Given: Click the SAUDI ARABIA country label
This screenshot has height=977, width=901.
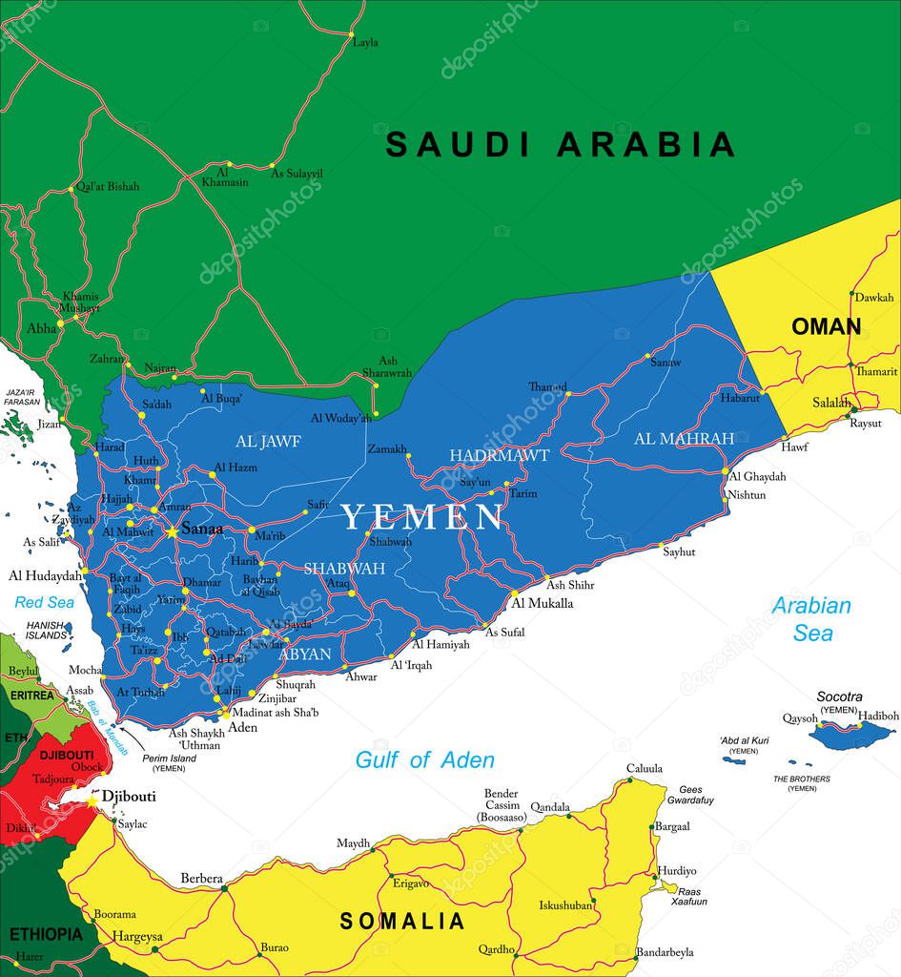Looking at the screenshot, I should click(560, 144).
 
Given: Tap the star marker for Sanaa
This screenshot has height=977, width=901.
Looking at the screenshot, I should click(172, 530).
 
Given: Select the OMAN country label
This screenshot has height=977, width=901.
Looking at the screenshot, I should click(826, 327).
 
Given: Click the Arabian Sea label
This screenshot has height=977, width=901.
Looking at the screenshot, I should click(811, 618).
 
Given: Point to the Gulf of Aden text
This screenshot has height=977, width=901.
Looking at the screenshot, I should click(424, 760).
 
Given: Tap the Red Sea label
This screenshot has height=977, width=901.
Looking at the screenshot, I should click(44, 602).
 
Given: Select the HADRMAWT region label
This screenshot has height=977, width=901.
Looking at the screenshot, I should click(499, 456).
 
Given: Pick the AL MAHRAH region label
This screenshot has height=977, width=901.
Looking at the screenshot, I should click(684, 439).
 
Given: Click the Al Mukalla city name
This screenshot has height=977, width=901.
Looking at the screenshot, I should click(543, 604).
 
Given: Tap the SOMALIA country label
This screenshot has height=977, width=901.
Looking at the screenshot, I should click(402, 922).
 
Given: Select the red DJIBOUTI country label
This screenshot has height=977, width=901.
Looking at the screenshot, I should click(67, 755).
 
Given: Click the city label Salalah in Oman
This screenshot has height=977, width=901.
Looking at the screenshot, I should click(831, 404).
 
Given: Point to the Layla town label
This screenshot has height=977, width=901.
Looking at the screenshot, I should click(365, 43).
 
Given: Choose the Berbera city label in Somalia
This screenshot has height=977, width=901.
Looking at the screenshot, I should click(202, 879).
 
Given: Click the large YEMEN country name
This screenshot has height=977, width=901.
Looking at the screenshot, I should click(422, 518).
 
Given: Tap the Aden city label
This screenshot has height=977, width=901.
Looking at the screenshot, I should click(242, 727).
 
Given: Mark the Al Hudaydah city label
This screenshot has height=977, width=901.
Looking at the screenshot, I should click(45, 575).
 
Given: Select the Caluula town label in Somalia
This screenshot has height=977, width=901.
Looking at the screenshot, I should click(644, 769).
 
